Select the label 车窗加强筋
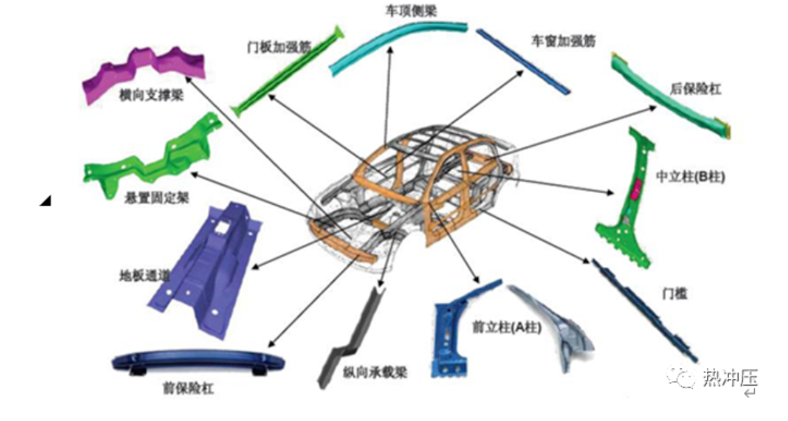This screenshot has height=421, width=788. click(563, 41)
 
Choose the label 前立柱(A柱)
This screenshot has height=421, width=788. click(506, 329)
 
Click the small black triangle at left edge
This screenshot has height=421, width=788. click(45, 201)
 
